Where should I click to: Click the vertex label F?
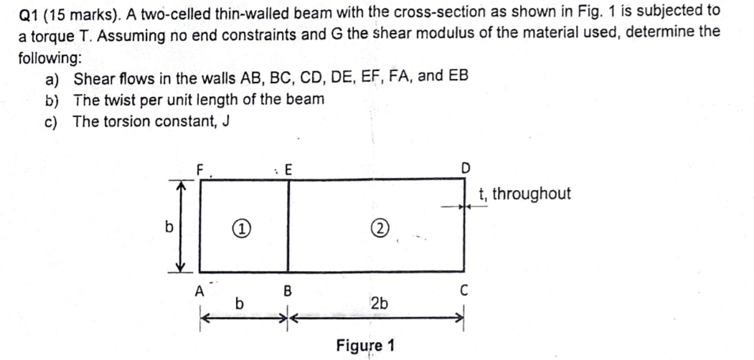pos(202,170)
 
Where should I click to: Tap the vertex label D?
pos(465,169)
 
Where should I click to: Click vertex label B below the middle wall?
pos(288,291)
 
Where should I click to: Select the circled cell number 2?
pos(380,229)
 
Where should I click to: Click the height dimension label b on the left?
pos(169,227)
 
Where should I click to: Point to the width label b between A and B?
pos(240,304)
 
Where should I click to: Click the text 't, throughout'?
pos(525,194)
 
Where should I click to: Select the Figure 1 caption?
pos(365,345)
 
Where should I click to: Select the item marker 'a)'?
pos(52,78)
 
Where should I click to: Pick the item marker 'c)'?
pos(51,121)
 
